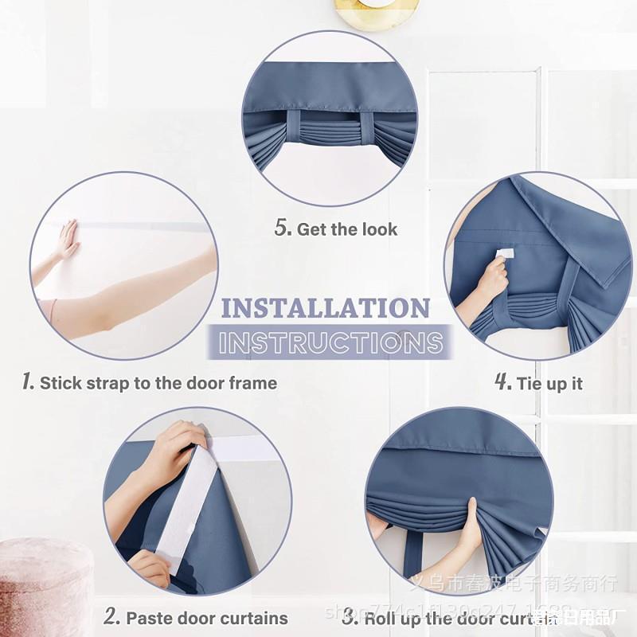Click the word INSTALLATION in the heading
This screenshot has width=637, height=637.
pyautogui.click(x=325, y=308)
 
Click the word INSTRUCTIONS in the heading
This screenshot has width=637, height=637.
pyautogui.click(x=331, y=342)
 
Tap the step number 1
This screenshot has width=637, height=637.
pyautogui.click(x=28, y=382)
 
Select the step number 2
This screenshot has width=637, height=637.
pyautogui.click(x=111, y=616)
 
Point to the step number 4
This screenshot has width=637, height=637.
pyautogui.click(x=502, y=382)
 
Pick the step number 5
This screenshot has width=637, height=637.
pyautogui.click(x=283, y=229)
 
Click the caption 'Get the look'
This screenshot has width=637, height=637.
pyautogui.click(x=347, y=229)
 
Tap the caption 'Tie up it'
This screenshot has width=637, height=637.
pyautogui.click(x=549, y=384)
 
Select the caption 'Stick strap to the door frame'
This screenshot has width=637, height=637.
pyautogui.click(x=158, y=383)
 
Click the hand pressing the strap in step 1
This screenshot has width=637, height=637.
pyautogui.click(x=68, y=240)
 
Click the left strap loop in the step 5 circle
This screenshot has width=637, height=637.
pyautogui.click(x=294, y=127)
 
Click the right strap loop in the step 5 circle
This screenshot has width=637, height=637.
pyautogui.click(x=367, y=128)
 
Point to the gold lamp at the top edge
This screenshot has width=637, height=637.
pyautogui.click(x=376, y=12)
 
